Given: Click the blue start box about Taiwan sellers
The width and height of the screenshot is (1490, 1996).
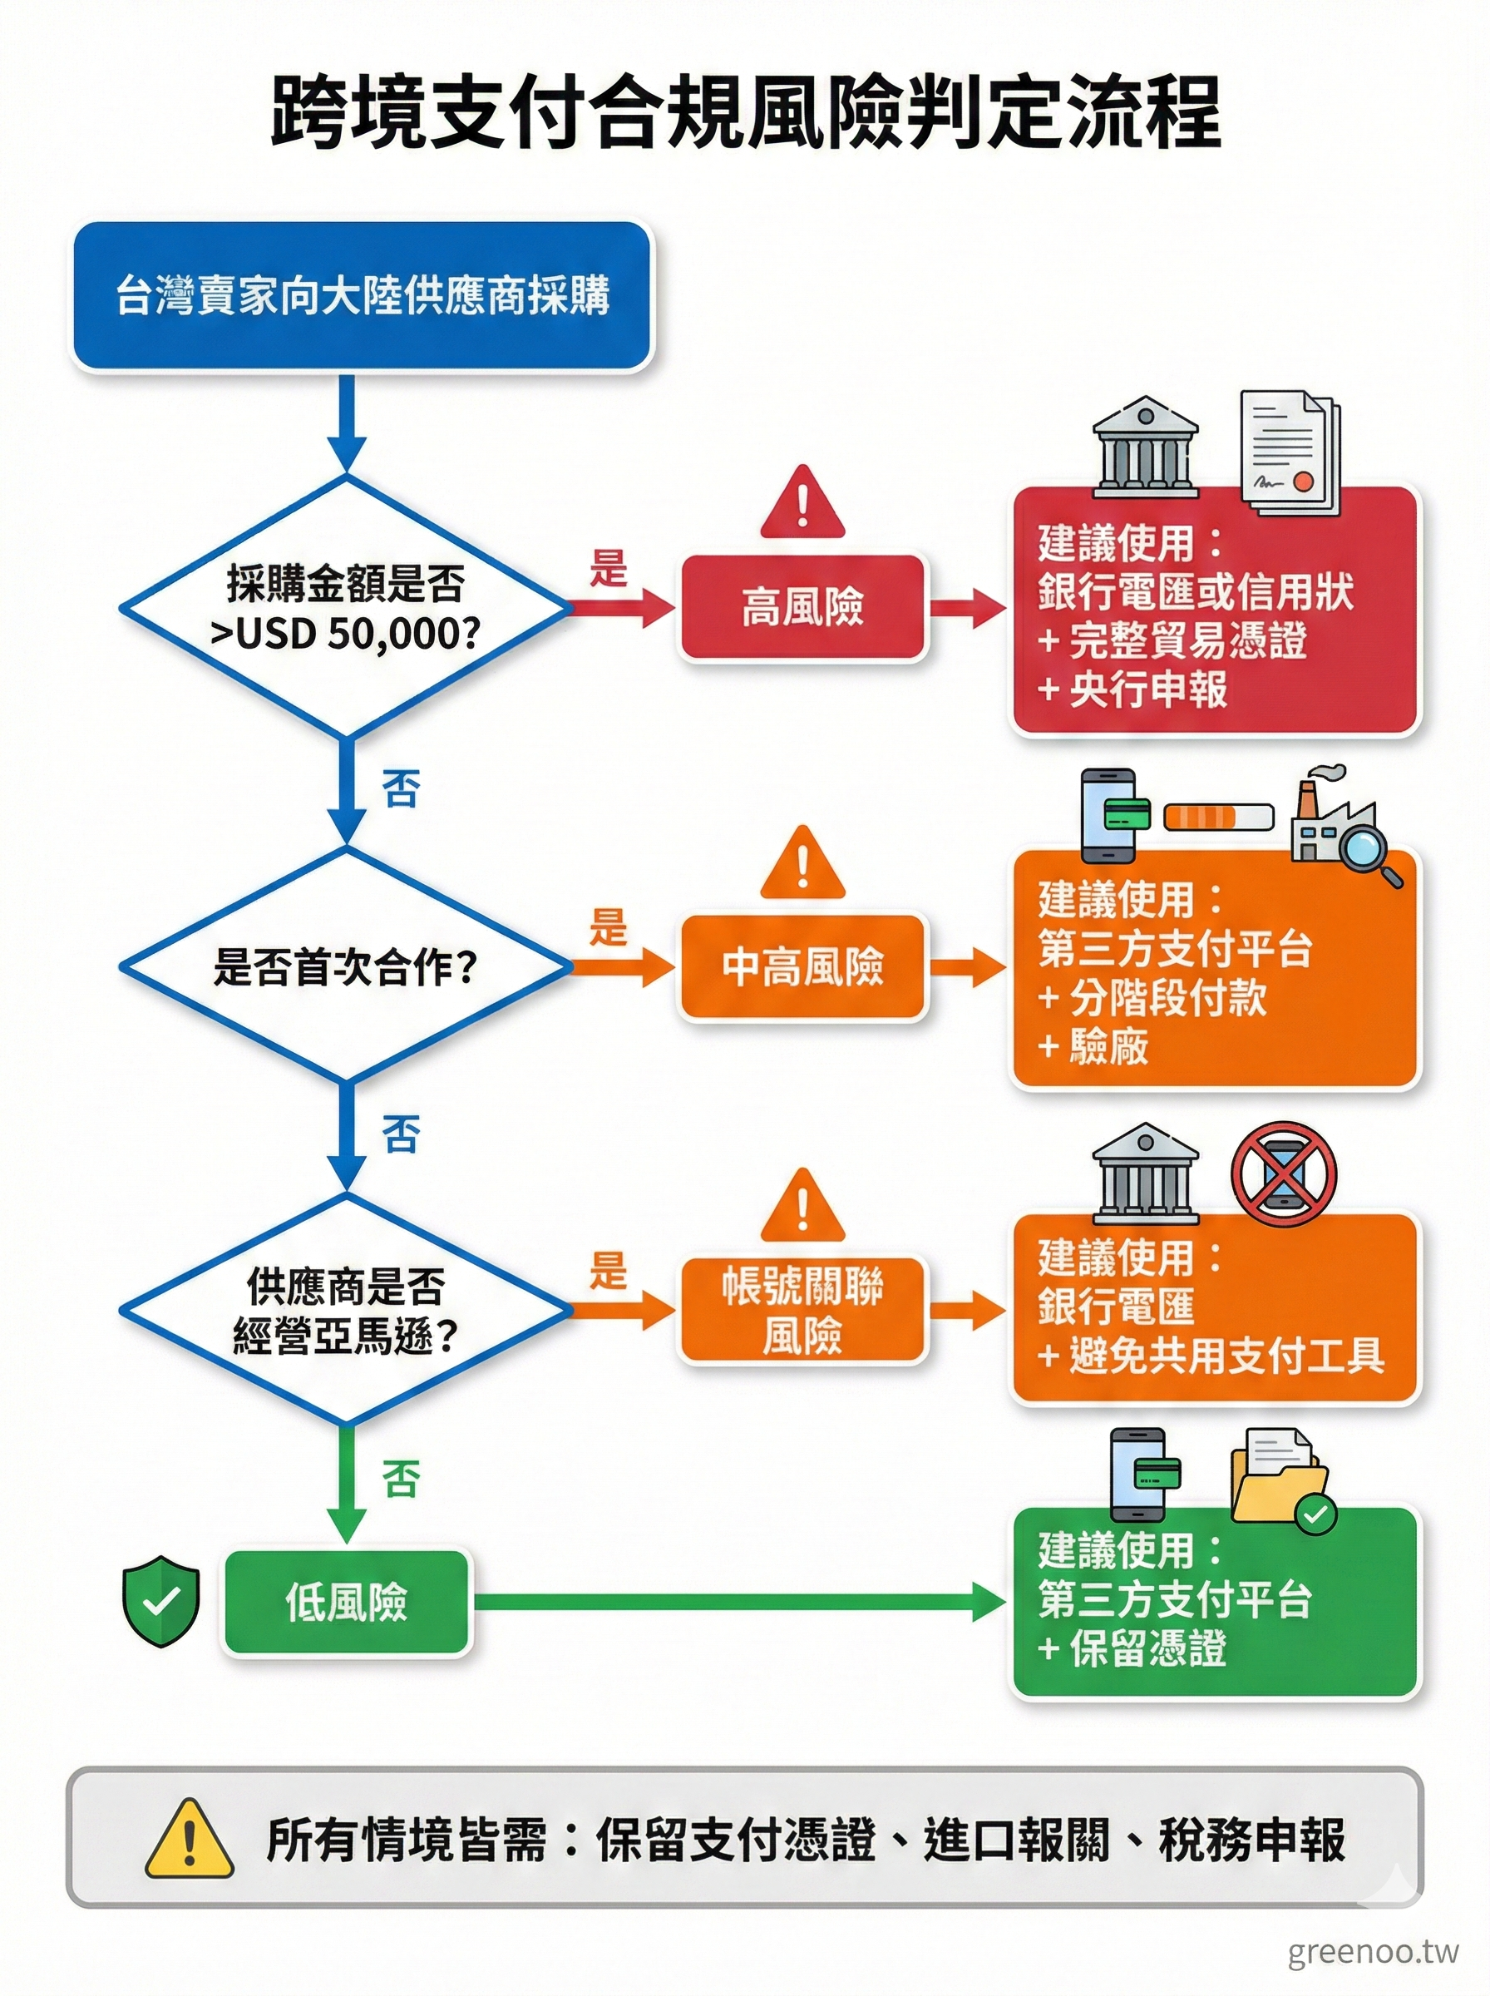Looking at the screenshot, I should (x=361, y=296).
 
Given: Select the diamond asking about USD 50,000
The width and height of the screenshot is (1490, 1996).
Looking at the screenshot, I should (x=347, y=608).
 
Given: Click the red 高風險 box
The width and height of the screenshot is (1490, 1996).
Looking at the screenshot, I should (x=802, y=607).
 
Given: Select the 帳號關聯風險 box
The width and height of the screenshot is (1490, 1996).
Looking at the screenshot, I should (x=802, y=1310).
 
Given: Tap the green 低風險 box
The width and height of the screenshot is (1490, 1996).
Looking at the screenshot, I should (x=347, y=1602).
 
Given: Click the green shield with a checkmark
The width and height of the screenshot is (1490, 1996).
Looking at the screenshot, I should (x=160, y=1601).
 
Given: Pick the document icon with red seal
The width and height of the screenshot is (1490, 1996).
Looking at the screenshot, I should (x=1288, y=451).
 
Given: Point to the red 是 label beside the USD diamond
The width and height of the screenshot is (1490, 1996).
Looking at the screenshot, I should (x=608, y=569).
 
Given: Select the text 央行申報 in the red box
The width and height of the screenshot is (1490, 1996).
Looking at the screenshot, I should (x=1147, y=690).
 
